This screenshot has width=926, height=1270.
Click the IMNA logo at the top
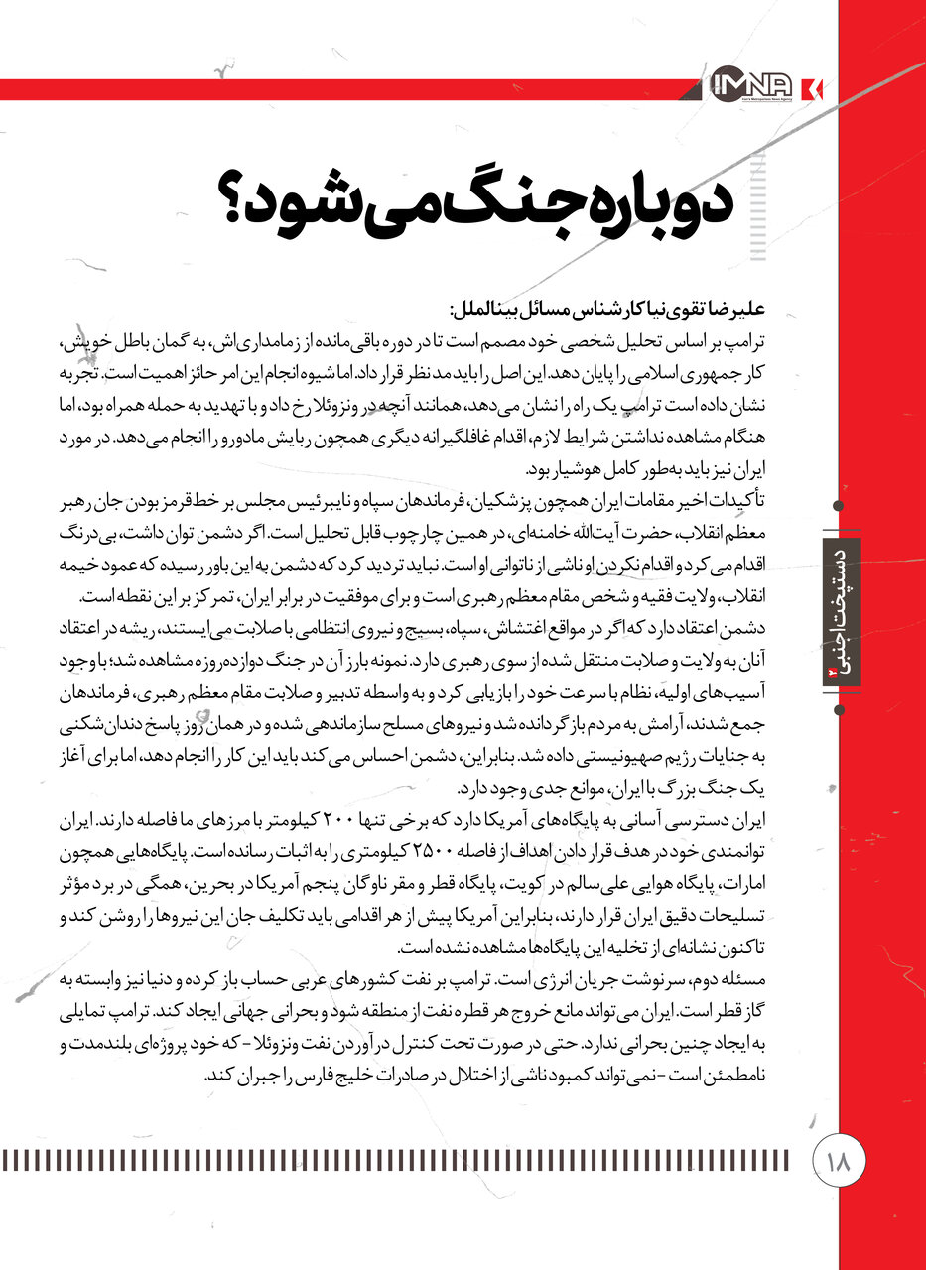coord(757,87)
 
